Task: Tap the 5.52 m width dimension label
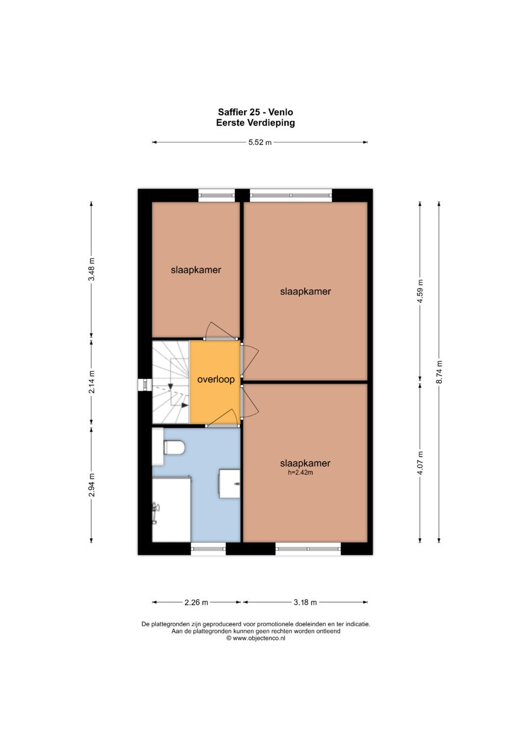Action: point(260,142)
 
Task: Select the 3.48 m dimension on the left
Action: point(91,270)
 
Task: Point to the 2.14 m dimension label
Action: point(91,382)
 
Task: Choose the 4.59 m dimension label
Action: point(420,291)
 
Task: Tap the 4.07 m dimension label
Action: point(420,463)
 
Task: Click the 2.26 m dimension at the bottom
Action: point(196,602)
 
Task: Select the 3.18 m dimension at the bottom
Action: point(305,602)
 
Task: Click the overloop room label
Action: point(216,379)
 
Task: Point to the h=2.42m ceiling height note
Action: point(300,473)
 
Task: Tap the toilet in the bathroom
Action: point(174,447)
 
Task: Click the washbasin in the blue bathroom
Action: point(230,483)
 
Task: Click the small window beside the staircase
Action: point(145,385)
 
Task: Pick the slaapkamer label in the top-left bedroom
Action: point(196,270)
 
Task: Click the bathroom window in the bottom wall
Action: point(208,549)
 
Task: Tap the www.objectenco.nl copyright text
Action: point(256,638)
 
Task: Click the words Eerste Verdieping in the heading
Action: point(256,123)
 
